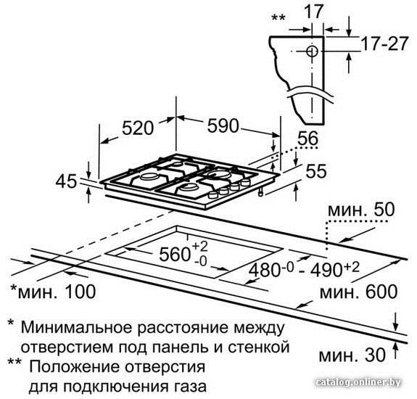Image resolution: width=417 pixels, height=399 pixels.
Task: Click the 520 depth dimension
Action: pyautogui.click(x=138, y=128)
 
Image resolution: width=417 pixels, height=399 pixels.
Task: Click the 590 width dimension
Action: pyautogui.click(x=223, y=126)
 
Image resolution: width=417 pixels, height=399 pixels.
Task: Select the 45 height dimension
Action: pyautogui.click(x=66, y=181)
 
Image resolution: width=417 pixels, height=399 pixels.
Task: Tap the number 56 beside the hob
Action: pyautogui.click(x=307, y=138)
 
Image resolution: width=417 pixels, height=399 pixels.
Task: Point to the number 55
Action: pyautogui.click(x=316, y=171)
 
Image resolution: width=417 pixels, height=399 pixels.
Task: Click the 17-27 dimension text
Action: pyautogui.click(x=385, y=44)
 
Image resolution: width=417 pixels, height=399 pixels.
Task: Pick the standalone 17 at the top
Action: pyautogui.click(x=314, y=11)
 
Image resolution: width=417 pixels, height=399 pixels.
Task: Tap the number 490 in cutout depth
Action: pyautogui.click(x=326, y=271)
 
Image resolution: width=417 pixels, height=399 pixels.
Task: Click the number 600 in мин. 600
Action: pyautogui.click(x=381, y=292)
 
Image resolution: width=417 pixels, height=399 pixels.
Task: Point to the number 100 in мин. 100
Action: pyautogui.click(x=80, y=291)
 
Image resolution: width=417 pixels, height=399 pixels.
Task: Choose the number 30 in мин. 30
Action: pyautogui.click(x=375, y=355)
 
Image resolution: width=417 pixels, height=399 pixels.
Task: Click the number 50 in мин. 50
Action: pyautogui.click(x=384, y=210)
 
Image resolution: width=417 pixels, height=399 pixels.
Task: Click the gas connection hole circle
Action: pyautogui.click(x=312, y=51)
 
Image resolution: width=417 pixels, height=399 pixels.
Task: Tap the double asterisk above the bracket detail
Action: pyautogui.click(x=278, y=18)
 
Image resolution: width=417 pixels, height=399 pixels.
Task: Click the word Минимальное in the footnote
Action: pyautogui.click(x=76, y=327)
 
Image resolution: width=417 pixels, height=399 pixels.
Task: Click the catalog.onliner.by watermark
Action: pyautogui.click(x=358, y=382)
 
